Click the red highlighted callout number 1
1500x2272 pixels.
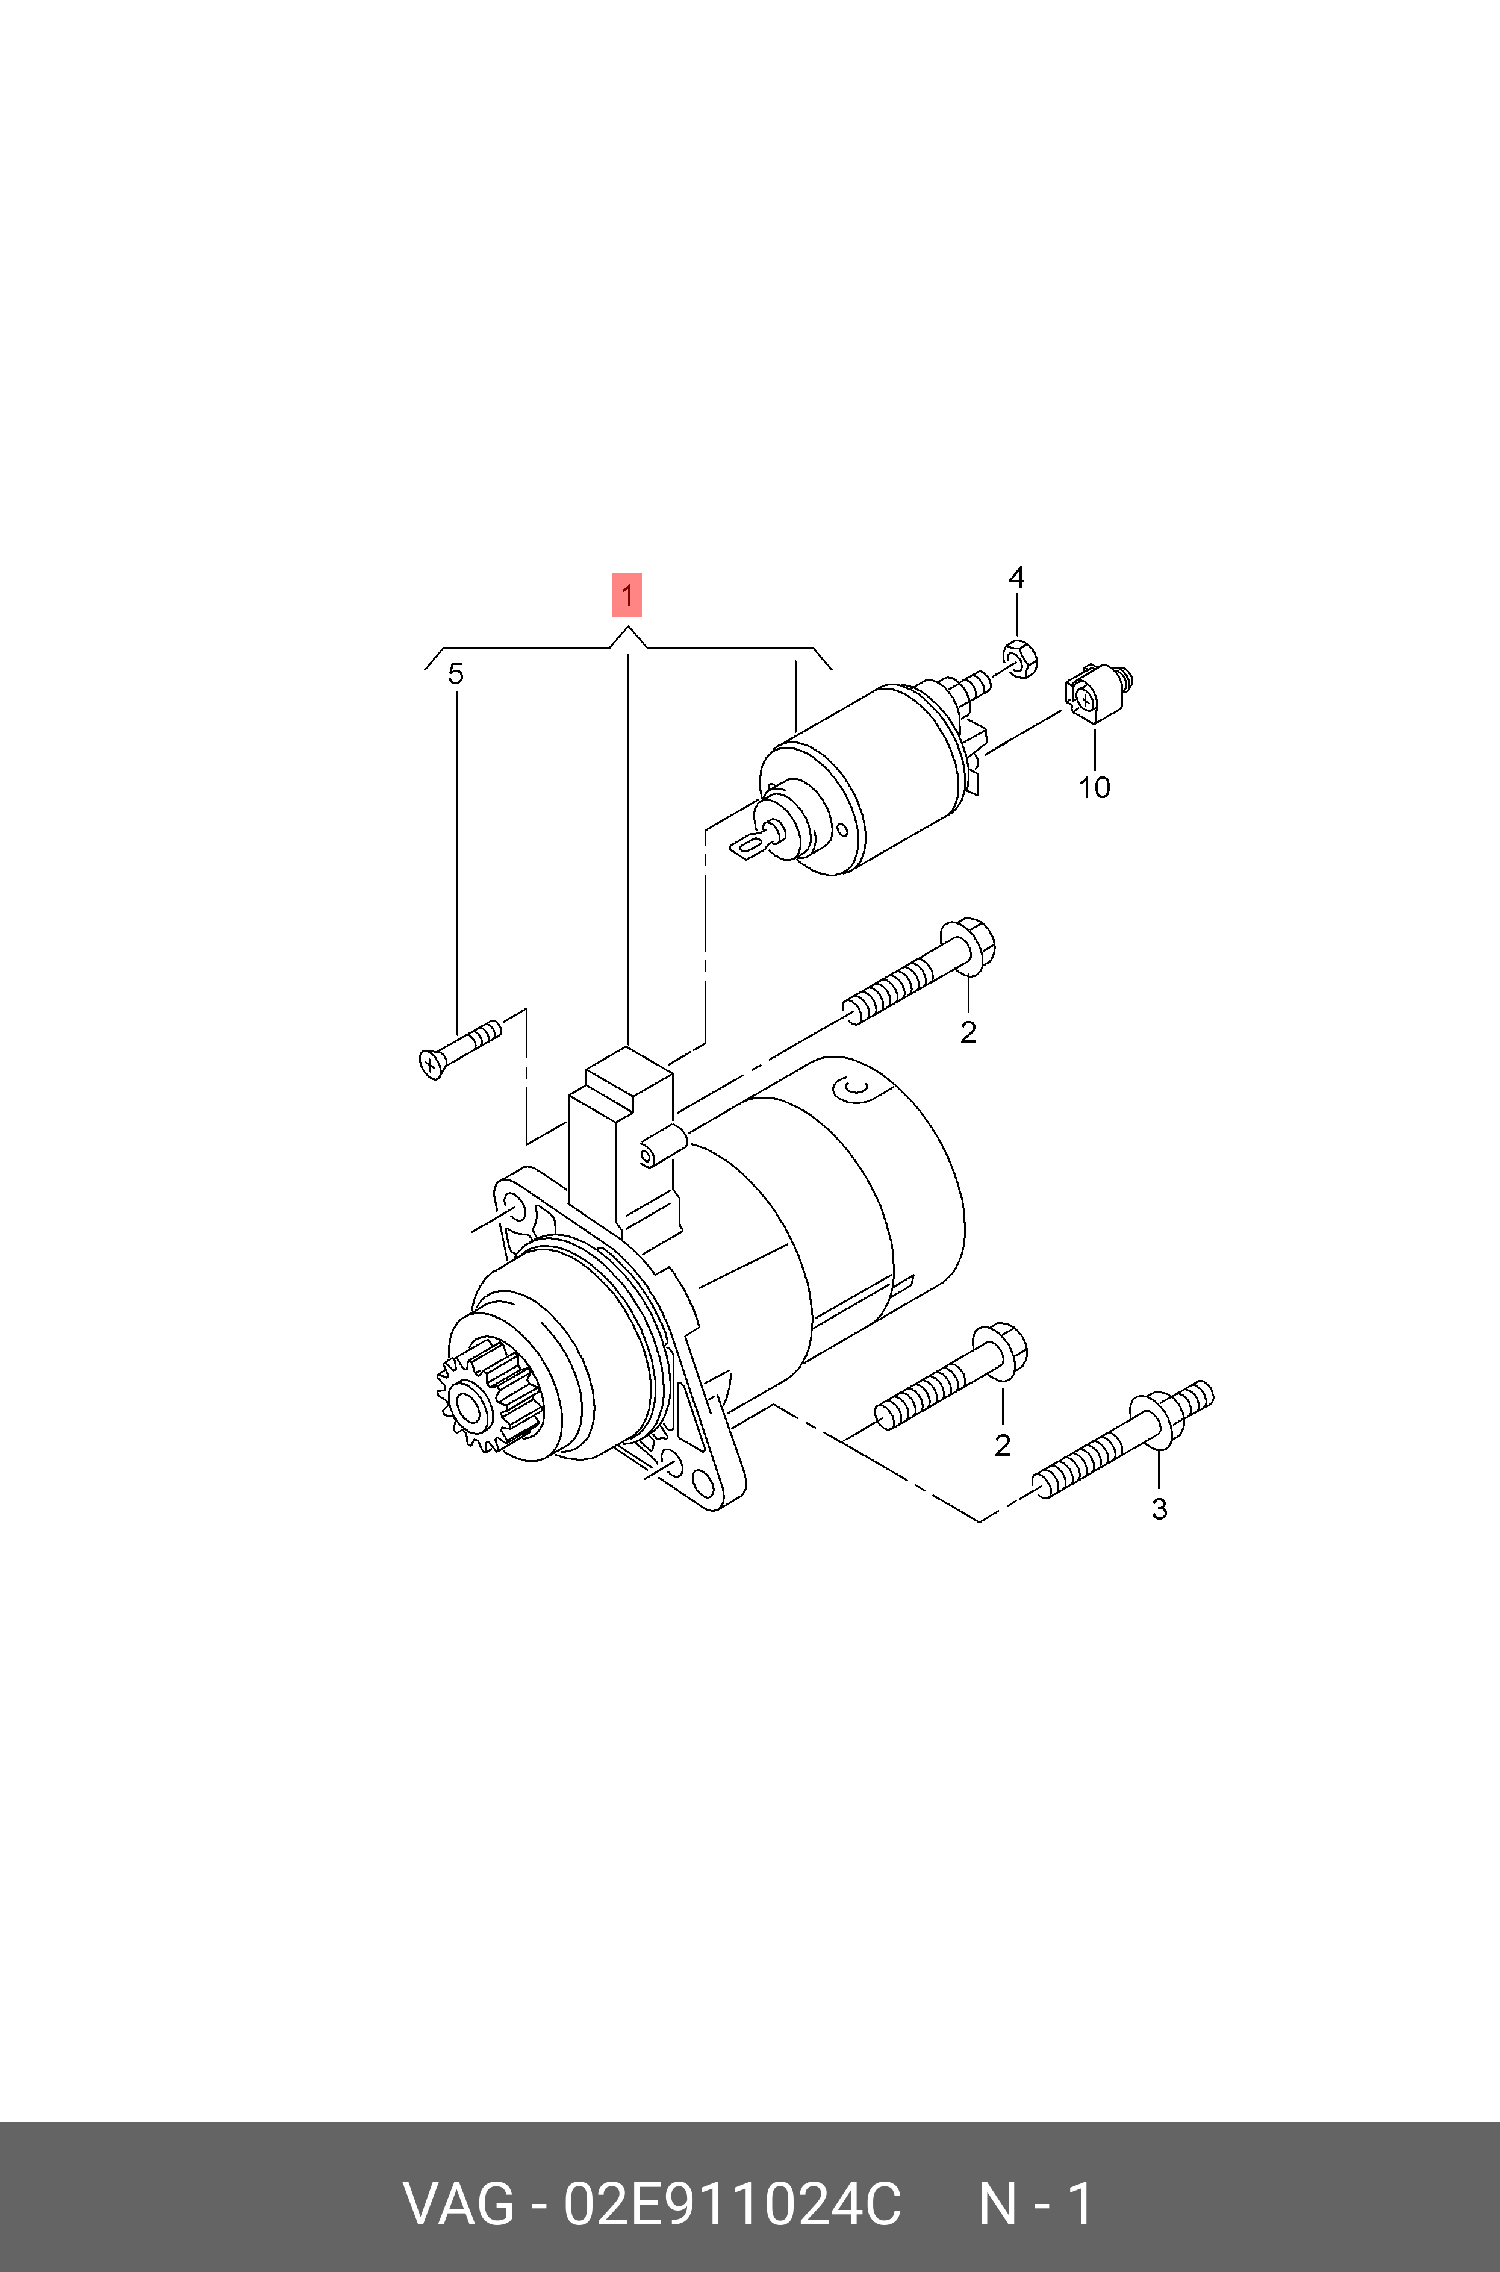(627, 595)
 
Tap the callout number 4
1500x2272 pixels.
(1016, 577)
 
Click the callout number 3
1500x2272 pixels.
(1159, 1509)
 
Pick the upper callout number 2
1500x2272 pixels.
(968, 1032)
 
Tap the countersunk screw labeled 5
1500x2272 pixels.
(459, 1049)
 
